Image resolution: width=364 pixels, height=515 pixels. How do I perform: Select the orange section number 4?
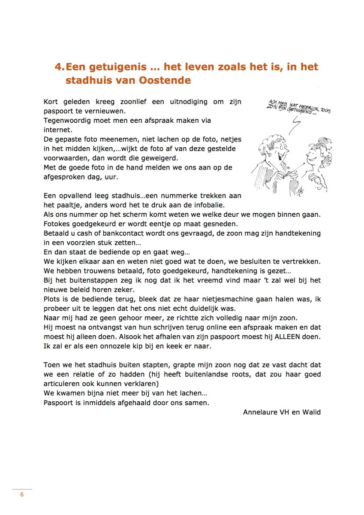click(x=59, y=67)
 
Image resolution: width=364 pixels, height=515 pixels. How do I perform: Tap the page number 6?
click(x=22, y=494)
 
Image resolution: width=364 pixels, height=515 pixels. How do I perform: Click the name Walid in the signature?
click(x=310, y=412)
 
